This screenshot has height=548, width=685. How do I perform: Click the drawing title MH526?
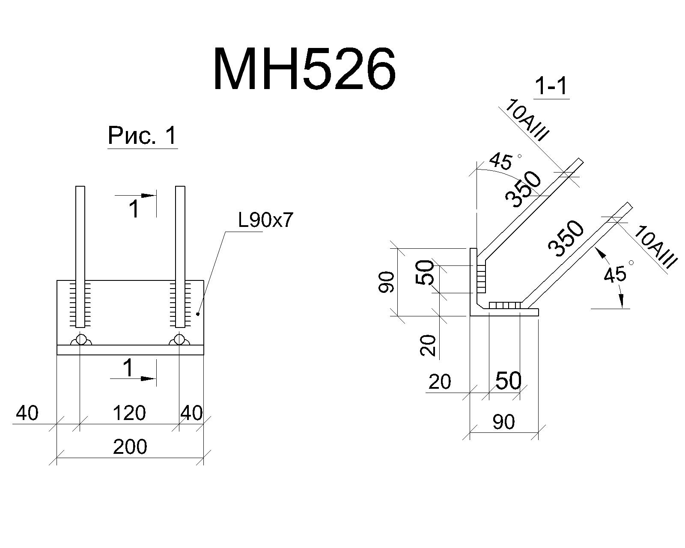305,69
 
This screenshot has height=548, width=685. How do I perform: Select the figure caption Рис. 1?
142,136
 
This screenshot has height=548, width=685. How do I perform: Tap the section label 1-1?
551,86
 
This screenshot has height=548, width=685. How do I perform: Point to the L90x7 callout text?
265,220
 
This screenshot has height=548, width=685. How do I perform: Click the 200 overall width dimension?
130,447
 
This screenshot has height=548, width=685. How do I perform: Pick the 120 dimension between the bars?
129,413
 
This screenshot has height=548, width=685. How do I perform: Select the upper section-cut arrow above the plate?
136,196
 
